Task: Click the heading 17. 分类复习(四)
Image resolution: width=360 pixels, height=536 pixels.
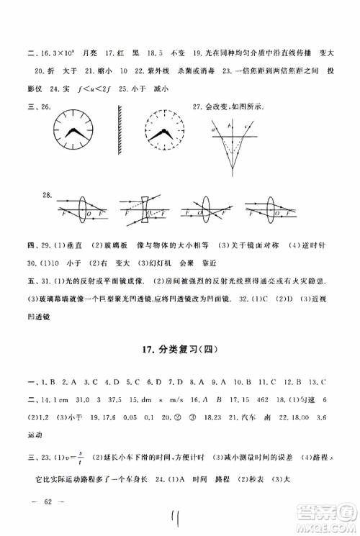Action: (x=180, y=350)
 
